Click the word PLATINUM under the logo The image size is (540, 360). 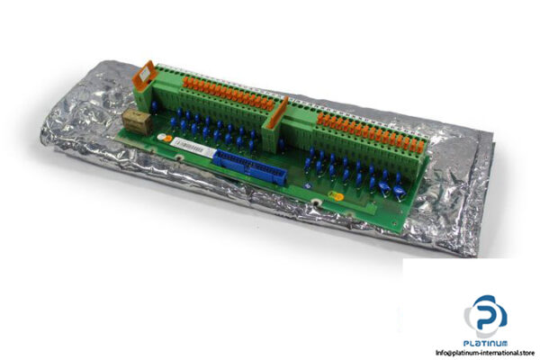tap(485, 342)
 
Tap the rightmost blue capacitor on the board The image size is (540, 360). tap(397, 188)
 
